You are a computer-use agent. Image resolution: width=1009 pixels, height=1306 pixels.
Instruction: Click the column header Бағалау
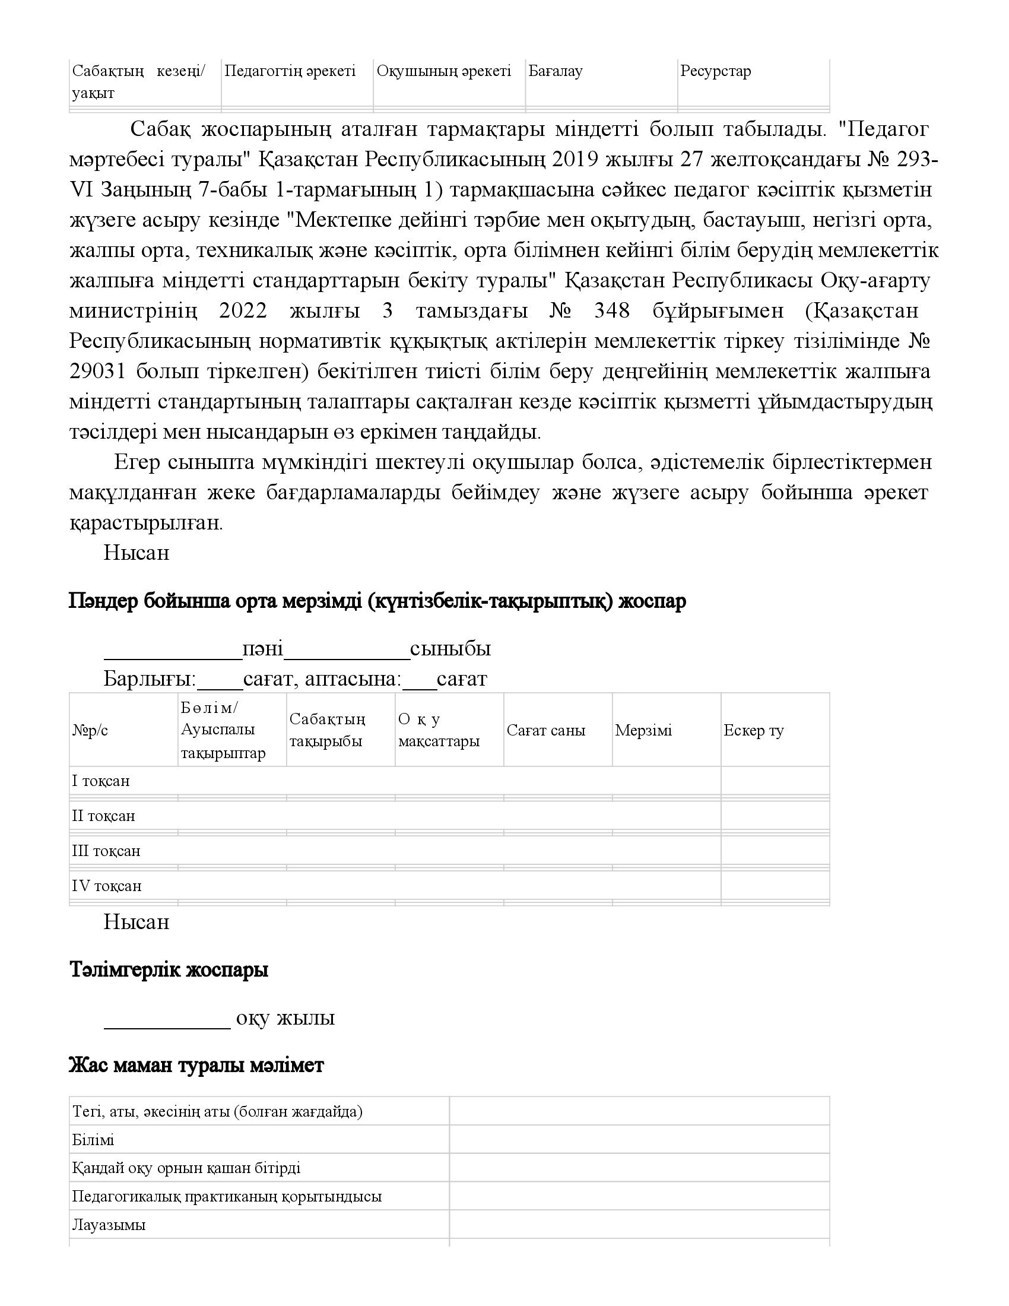[x=556, y=72]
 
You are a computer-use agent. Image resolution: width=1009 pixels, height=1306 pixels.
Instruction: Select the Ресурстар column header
[x=716, y=72]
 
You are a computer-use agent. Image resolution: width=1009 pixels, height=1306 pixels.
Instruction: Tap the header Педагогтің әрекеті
[x=290, y=72]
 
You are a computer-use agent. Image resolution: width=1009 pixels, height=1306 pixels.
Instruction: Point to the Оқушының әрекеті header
[x=443, y=72]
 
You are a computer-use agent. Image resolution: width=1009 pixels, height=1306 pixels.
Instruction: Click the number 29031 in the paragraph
[x=97, y=372]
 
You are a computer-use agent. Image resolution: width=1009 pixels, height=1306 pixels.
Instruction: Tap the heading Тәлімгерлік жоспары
[x=169, y=970]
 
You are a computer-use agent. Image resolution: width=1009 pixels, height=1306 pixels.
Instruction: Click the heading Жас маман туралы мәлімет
[x=196, y=1065]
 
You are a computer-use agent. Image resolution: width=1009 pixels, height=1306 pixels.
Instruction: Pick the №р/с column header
[x=90, y=730]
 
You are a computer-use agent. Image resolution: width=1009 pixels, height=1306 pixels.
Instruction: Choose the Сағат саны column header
[x=545, y=730]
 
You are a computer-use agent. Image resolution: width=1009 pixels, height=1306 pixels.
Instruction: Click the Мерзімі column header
[x=643, y=730]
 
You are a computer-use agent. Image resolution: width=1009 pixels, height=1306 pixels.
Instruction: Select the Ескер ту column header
[x=753, y=730]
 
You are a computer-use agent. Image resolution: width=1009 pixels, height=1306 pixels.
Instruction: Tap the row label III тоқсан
[x=106, y=851]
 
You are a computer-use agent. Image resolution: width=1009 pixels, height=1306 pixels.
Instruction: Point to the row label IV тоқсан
[x=106, y=886]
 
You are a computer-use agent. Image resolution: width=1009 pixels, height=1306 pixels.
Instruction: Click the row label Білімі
[x=93, y=1140]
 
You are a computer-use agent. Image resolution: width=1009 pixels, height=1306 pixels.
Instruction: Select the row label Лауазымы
[x=109, y=1225]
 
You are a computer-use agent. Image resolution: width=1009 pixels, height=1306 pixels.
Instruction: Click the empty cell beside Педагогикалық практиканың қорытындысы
[x=639, y=1197]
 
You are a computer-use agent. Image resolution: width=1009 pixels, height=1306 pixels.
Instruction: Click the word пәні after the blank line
[x=262, y=649]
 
